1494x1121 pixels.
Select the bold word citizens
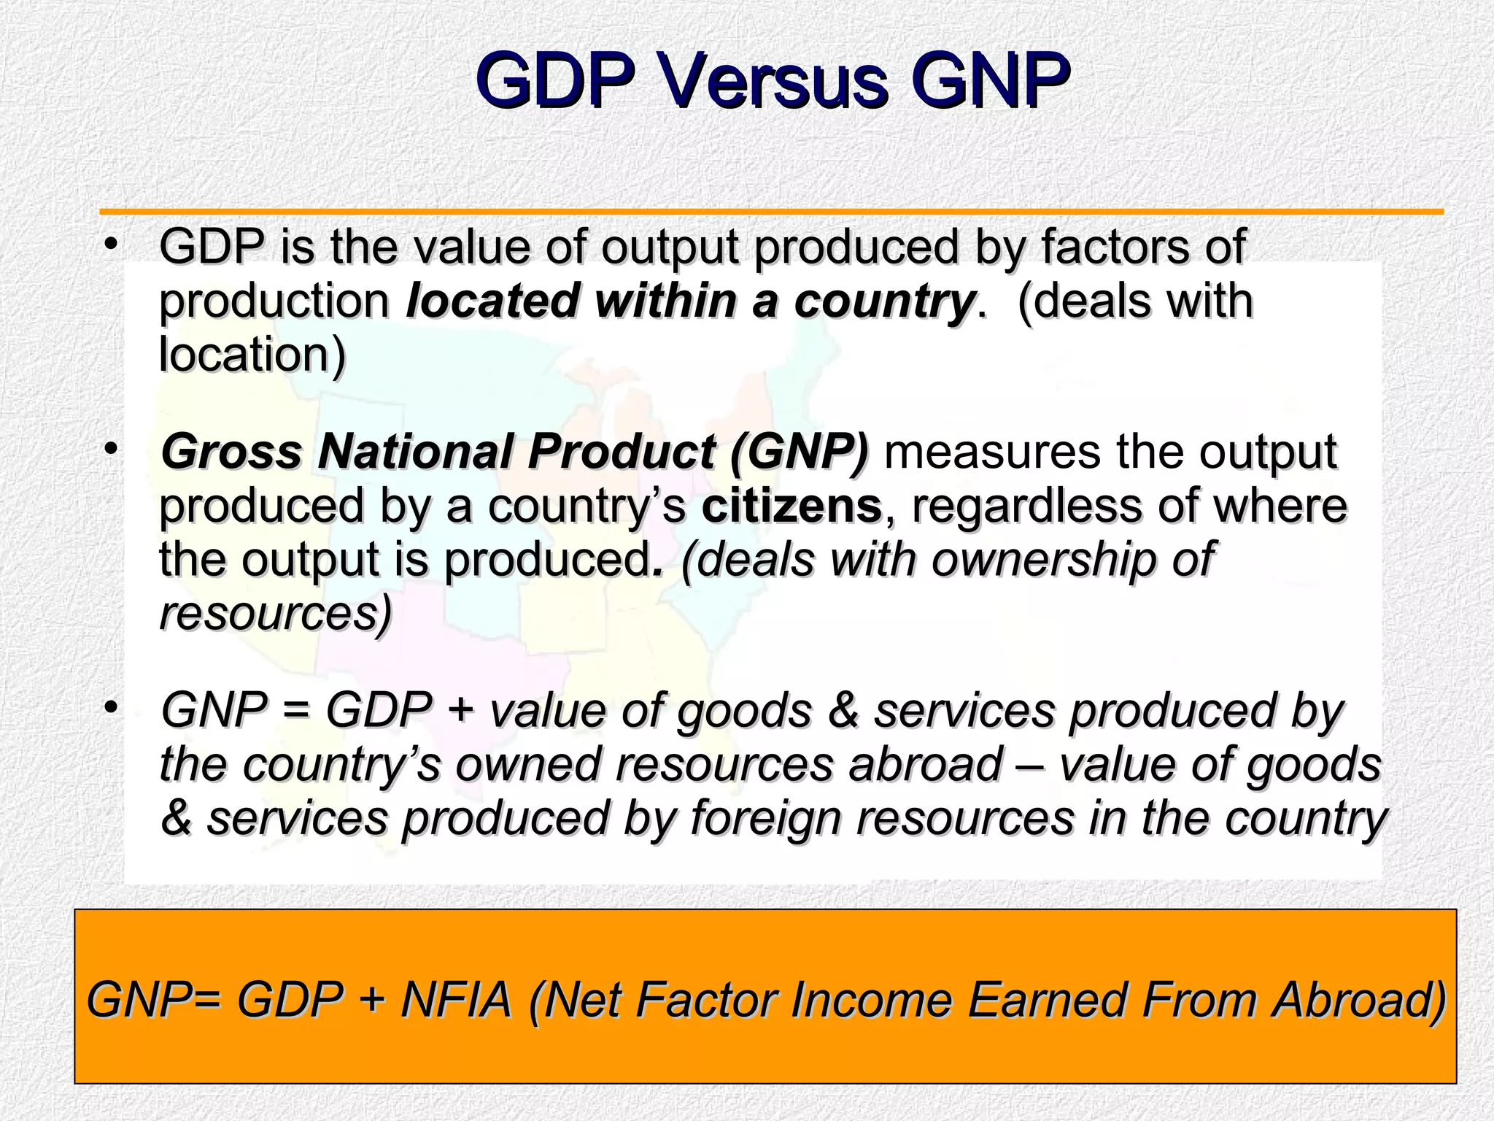pyautogui.click(x=791, y=506)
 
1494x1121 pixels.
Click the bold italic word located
pyautogui.click(x=498, y=301)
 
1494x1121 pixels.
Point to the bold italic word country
pyautogui.click(x=884, y=302)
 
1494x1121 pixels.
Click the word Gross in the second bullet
pyautogui.click(x=231, y=452)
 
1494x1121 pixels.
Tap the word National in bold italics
pyautogui.click(x=415, y=452)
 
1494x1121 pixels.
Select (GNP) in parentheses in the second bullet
pyautogui.click(x=800, y=452)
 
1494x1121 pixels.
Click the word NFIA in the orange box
pyautogui.click(x=456, y=999)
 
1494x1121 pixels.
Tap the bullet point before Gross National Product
pyautogui.click(x=110, y=449)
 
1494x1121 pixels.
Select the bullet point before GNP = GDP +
pyautogui.click(x=110, y=707)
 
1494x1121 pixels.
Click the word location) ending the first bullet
pyautogui.click(x=252, y=355)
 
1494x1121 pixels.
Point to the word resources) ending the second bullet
pyautogui.click(x=276, y=614)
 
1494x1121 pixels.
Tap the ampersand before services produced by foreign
pyautogui.click(x=176, y=818)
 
